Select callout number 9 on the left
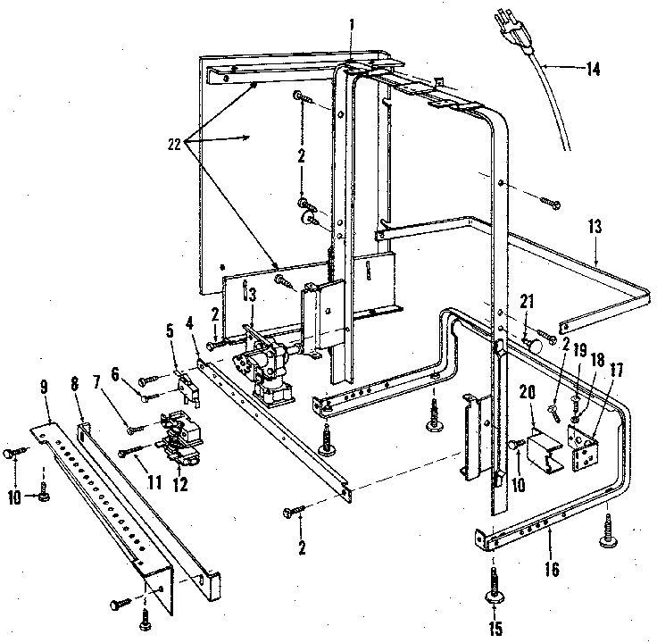(x=45, y=388)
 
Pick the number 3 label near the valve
(x=253, y=295)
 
